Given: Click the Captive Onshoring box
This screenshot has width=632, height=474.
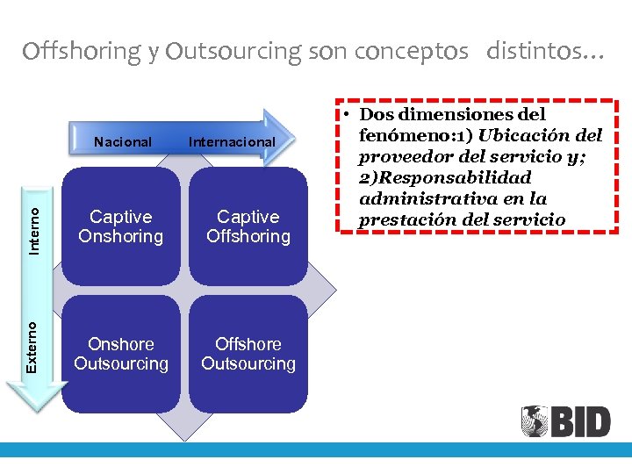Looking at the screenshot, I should tap(121, 226).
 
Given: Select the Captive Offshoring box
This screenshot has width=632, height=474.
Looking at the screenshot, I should tap(248, 226).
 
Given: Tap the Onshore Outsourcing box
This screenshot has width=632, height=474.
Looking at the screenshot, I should tap(121, 354).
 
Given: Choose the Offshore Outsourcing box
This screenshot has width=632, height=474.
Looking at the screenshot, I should tap(248, 354).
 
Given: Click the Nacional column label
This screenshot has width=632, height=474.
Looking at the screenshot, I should tap(123, 141).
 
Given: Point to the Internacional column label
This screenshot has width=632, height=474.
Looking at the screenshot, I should tap(232, 141).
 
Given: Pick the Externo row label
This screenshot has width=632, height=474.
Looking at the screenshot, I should tap(32, 346).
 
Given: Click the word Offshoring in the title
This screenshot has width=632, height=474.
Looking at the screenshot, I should tap(82, 52).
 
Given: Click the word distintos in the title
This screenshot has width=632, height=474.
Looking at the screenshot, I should tap(538, 52).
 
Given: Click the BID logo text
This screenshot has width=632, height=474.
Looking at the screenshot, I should tap(580, 422).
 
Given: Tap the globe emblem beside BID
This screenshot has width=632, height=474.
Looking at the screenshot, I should tap(535, 421).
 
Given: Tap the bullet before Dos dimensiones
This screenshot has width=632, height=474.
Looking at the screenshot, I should tap(348, 115).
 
